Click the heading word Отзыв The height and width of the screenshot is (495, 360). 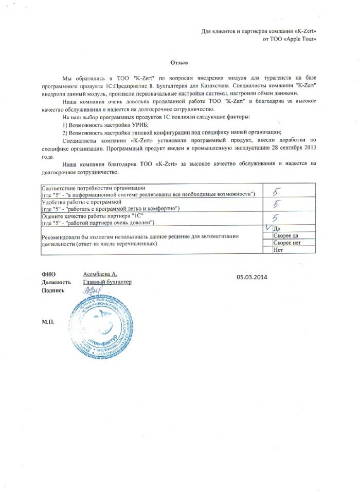pos(178,60)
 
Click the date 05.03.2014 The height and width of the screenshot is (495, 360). pos(253,277)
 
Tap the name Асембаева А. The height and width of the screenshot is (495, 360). pos(101,274)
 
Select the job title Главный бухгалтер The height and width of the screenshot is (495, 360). pos(107,282)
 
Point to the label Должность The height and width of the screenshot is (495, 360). pos(56,282)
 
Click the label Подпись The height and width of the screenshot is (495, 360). pos(52,290)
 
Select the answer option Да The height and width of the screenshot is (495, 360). pos(277,228)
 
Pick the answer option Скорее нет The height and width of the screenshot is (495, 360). pos(286,243)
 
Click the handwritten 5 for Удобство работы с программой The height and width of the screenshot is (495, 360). pos(276,205)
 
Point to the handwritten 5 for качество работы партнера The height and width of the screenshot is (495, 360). pos(275,218)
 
